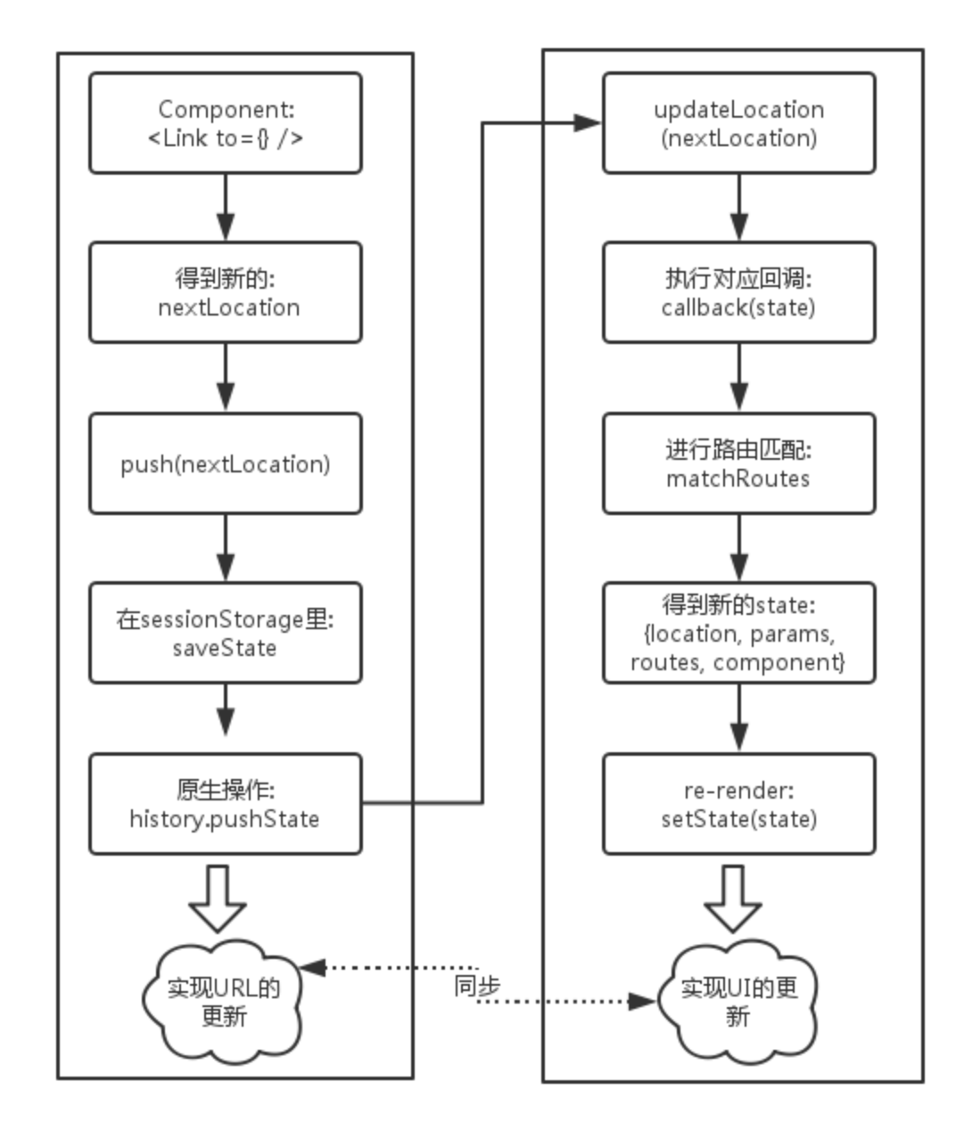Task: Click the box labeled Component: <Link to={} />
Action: click(226, 123)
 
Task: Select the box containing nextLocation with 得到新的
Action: click(226, 293)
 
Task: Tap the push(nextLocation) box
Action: click(226, 463)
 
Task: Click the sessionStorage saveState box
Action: click(226, 633)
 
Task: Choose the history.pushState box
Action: click(226, 804)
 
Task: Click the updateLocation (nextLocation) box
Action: click(739, 123)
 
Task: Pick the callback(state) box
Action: click(739, 293)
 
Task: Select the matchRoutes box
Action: click(739, 463)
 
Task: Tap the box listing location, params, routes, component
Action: click(739, 633)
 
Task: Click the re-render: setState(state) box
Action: click(739, 804)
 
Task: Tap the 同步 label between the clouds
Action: click(477, 986)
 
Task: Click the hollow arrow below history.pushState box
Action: click(218, 899)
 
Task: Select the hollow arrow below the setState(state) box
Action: click(733, 899)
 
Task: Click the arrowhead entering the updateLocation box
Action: click(588, 123)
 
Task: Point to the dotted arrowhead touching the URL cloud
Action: click(312, 968)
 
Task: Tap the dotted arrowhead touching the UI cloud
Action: click(642, 1001)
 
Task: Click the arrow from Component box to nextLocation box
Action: click(226, 208)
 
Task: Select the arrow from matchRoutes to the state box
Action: click(739, 547)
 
